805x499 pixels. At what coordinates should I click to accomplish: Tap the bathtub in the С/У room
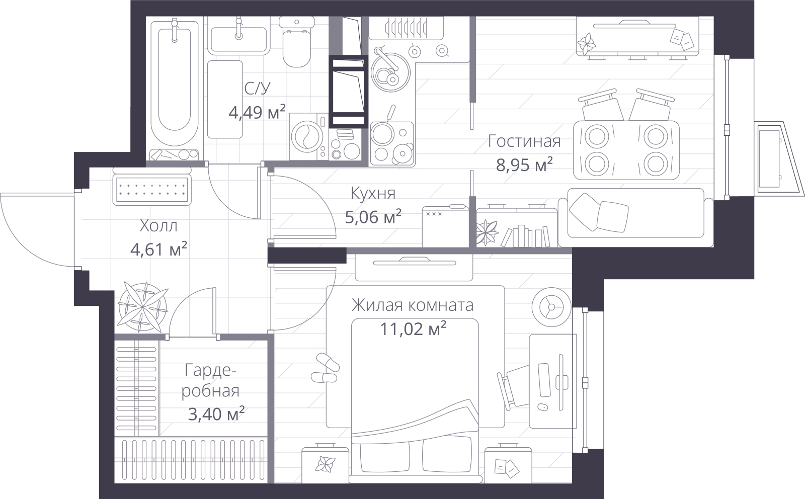point(175,82)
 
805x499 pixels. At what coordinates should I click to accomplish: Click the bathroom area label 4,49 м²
point(257,112)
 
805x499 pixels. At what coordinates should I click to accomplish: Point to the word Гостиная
point(524,141)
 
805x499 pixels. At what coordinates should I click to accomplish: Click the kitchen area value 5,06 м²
point(373,217)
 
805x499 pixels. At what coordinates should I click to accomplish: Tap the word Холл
point(158,226)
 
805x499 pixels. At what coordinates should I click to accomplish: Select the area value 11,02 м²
point(413,328)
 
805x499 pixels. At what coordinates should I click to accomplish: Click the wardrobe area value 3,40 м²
point(216,414)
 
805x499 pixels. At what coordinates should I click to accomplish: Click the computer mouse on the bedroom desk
point(543,407)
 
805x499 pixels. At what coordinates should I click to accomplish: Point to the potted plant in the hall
point(143,307)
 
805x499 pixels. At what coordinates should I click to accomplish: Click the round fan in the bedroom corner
point(551,307)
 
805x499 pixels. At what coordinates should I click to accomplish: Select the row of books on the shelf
point(525,236)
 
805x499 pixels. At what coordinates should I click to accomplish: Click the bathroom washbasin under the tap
point(238,40)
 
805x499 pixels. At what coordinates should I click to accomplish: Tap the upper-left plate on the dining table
point(597,137)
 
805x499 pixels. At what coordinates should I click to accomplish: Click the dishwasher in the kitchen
point(446,226)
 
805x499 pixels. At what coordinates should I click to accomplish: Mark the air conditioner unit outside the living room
point(778,159)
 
